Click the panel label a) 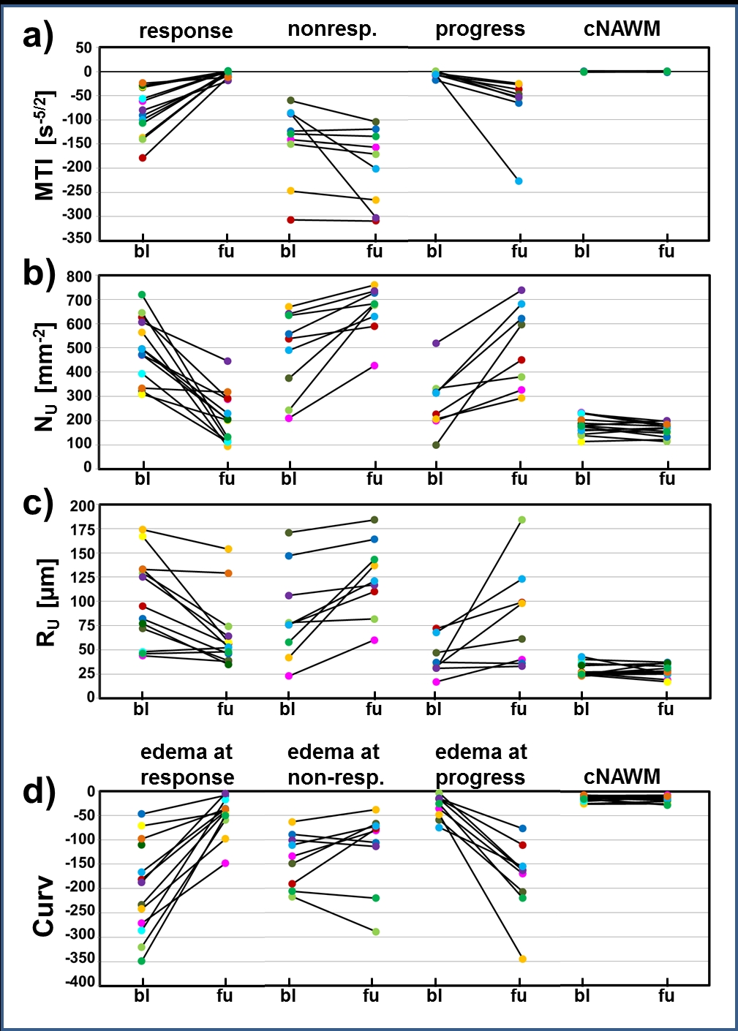(x=38, y=35)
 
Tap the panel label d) (x=38, y=790)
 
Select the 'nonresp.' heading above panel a (x=332, y=29)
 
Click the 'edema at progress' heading (x=481, y=764)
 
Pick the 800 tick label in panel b (x=79, y=276)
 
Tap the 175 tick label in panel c (x=82, y=529)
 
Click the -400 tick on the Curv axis (x=80, y=981)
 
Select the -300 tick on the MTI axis (x=78, y=215)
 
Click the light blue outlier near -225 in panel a (x=519, y=181)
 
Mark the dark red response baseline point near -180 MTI (x=143, y=157)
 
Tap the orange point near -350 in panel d (x=522, y=959)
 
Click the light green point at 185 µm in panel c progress (x=522, y=520)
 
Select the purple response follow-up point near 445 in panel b (x=227, y=361)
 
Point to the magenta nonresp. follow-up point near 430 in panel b (x=374, y=366)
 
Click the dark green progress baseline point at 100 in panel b (x=436, y=445)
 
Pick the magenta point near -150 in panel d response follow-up (x=225, y=864)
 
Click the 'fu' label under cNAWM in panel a (x=666, y=252)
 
